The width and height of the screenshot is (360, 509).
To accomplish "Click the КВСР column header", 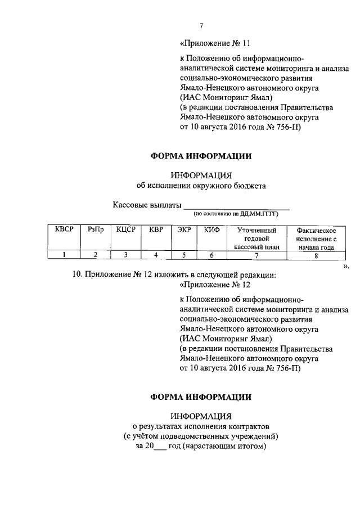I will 64,229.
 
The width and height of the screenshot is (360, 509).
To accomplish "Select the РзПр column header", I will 96,229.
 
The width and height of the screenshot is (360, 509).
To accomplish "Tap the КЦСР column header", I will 126,229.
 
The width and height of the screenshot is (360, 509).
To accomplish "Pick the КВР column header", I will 156,229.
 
